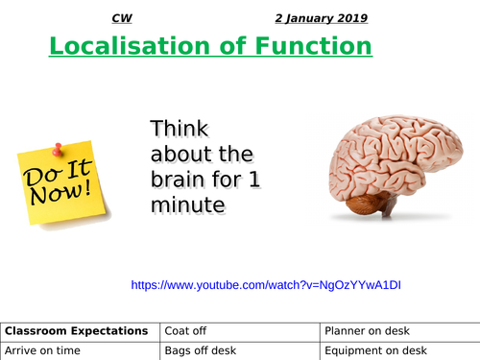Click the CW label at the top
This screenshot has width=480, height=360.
pos(122,18)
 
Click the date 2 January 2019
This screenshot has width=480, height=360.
pos(321,18)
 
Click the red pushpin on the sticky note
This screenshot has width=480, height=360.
pos(58,149)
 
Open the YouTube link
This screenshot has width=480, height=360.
pos(266,285)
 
